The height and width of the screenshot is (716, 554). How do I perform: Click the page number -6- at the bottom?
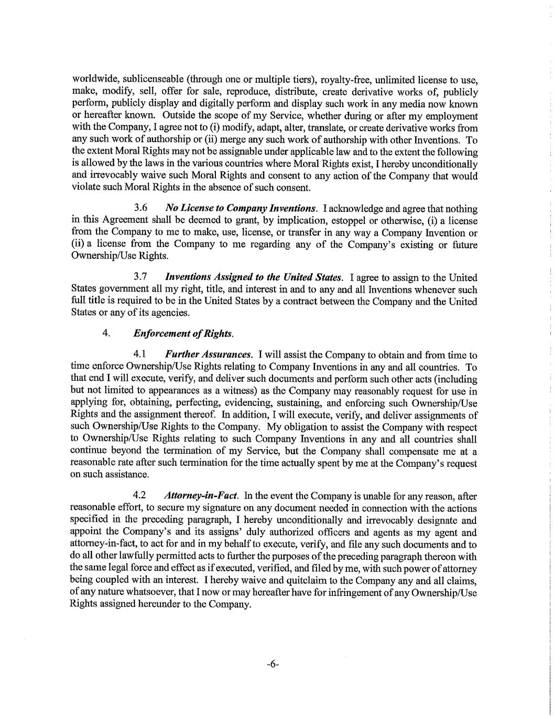(x=273, y=664)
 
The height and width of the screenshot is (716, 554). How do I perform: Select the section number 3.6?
(x=140, y=208)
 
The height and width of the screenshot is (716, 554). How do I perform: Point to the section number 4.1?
(x=140, y=355)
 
